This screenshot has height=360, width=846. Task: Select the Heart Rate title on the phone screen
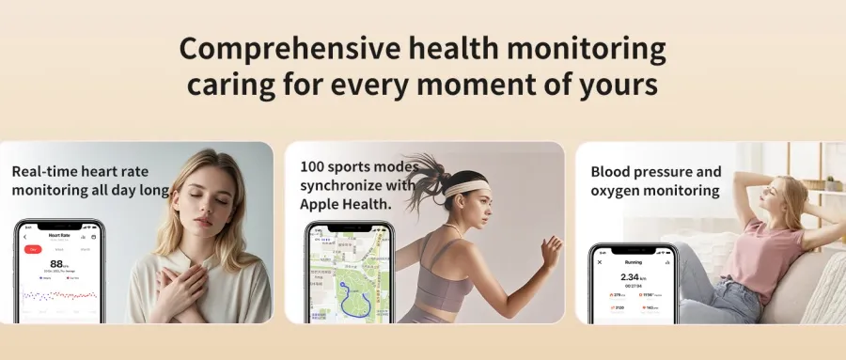pos(59,236)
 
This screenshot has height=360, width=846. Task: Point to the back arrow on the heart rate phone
pos(24,236)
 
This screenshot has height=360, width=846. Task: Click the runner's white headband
pos(464,186)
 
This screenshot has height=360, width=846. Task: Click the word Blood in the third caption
pos(612,172)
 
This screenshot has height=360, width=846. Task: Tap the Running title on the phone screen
pos(634,261)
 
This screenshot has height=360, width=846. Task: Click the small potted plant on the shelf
pos(830,182)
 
